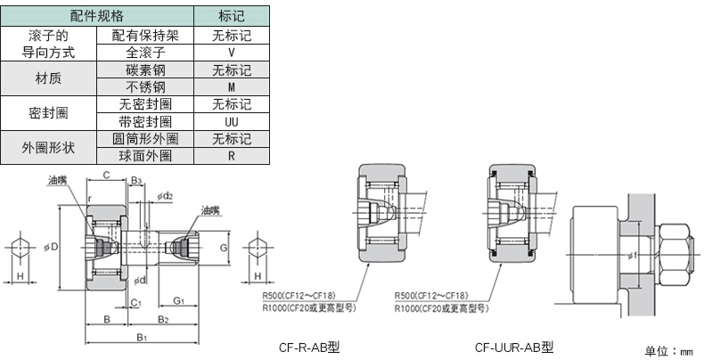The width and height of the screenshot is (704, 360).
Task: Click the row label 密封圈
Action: (x=49, y=113)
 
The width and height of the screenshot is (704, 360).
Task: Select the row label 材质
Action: (x=49, y=78)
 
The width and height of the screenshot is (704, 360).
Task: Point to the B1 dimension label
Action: (x=141, y=338)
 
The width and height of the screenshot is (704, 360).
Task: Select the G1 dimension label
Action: (x=178, y=301)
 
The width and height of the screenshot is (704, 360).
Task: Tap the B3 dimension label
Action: (x=136, y=181)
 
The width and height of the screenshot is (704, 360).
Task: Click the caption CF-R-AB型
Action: (x=309, y=347)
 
